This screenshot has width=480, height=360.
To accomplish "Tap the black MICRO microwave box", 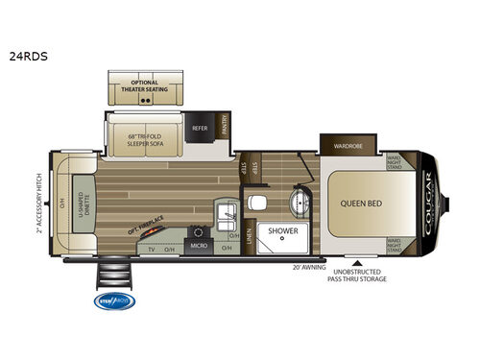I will (x=199, y=245).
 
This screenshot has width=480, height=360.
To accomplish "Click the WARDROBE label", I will (x=348, y=148).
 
